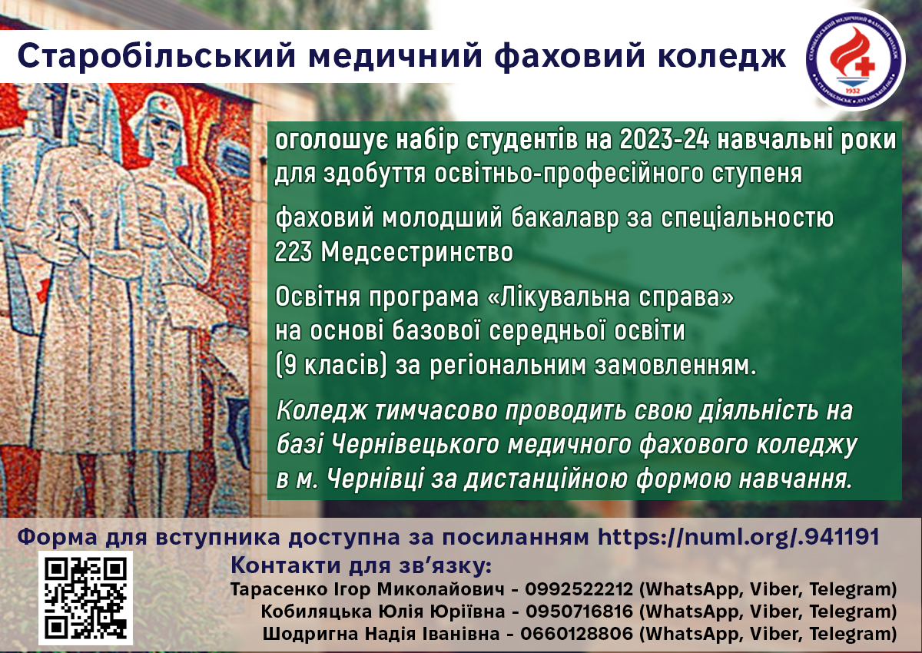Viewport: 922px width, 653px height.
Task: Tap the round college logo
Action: pos(855,59)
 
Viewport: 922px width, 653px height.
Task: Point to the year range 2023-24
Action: pos(664,140)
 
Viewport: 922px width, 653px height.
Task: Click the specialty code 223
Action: pos(293,251)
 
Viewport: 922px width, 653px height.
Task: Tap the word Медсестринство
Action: pos(417,252)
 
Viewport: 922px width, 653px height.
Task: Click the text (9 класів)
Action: pos(331,366)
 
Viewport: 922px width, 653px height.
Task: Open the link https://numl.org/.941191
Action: pos(738,536)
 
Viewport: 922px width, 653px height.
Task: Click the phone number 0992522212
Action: pos(579,589)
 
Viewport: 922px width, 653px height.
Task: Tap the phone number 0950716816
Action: pos(579,611)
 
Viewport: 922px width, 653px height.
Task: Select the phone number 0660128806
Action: pos(577,633)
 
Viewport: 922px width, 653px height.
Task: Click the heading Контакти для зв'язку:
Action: pos(361,565)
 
